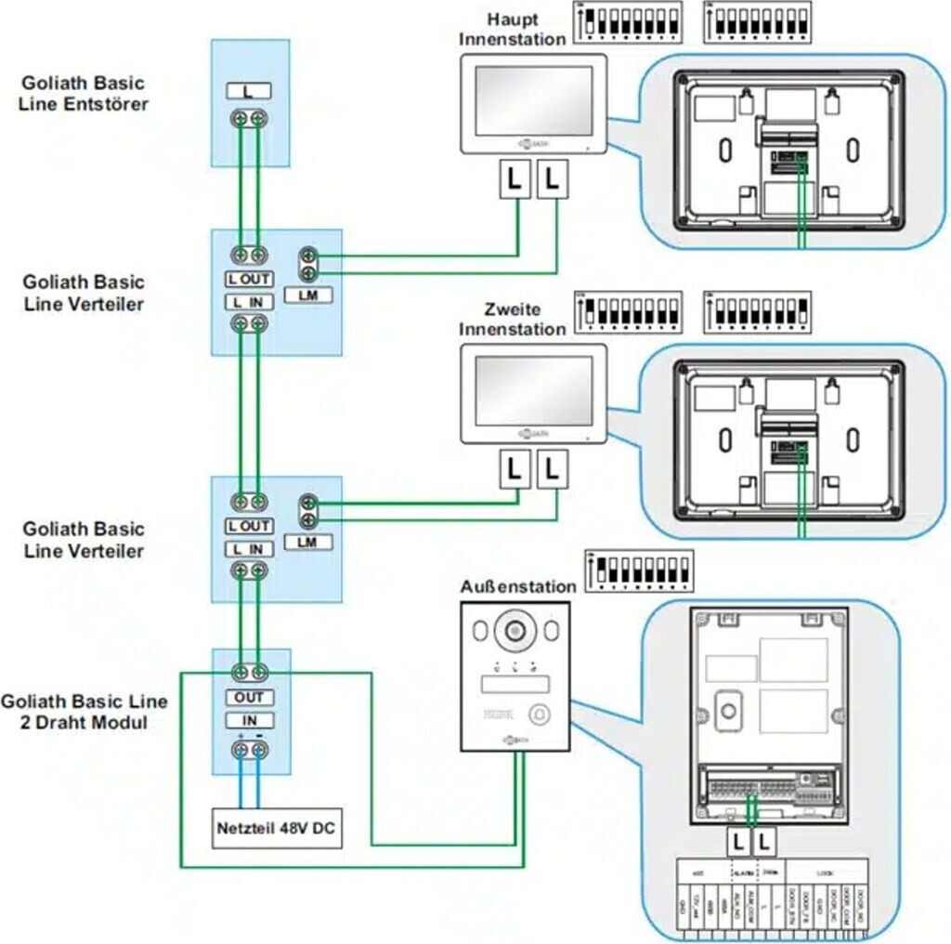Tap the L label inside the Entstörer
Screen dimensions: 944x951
pos(248,91)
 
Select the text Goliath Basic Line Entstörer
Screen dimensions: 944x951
pos(83,93)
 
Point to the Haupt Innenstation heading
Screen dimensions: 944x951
pos(512,30)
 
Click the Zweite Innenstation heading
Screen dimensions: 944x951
pos(512,319)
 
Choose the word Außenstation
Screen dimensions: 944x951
pos(517,587)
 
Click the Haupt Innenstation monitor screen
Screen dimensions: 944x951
pos(533,100)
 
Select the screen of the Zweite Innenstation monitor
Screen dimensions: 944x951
pos(533,390)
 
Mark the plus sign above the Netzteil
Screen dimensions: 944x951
pos(241,737)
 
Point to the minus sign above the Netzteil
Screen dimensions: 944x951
pos(259,737)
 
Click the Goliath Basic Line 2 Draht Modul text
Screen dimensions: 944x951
pos(85,711)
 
